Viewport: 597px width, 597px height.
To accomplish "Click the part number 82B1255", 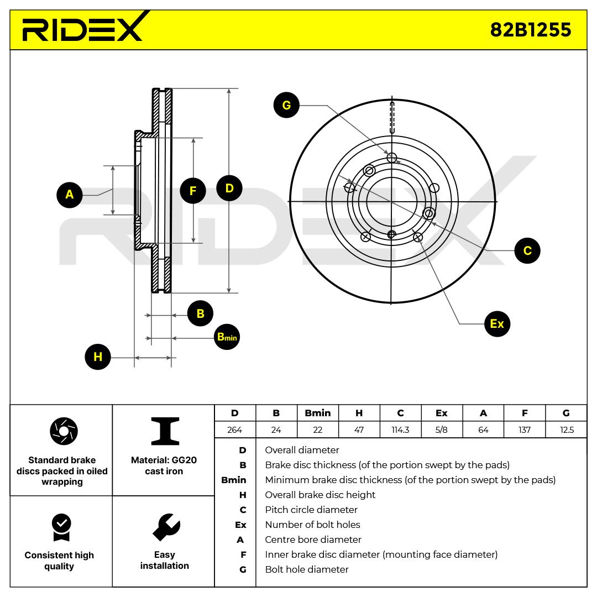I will pos(530,29).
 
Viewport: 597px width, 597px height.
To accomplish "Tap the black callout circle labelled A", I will pos(70,195).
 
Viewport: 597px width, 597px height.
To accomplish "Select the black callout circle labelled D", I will pos(229,188).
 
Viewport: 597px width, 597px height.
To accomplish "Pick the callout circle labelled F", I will pos(193,191).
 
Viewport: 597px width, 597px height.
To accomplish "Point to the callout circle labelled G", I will pos(286,105).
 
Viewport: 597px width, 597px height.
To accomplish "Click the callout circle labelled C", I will pos(527,250).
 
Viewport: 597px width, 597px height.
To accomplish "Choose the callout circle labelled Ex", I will pos(497,323).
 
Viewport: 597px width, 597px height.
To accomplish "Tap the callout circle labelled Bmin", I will pos(227,337).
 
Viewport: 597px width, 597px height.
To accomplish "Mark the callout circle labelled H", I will pos(98,357).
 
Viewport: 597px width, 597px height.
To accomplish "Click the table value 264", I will pos(235,430).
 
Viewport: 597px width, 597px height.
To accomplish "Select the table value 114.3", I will pos(400,430).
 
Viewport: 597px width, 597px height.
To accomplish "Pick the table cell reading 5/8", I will pos(442,430).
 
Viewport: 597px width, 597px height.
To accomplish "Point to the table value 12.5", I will pos(567,430).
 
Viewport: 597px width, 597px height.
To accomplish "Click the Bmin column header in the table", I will pos(318,413).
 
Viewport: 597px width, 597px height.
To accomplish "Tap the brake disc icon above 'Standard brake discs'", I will pos(64,431).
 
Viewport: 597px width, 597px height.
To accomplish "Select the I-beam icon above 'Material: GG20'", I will pos(164,431).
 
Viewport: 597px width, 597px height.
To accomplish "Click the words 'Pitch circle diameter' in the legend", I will pos(311,510).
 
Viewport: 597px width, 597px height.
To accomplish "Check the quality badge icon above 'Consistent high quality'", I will pos(60,527).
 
